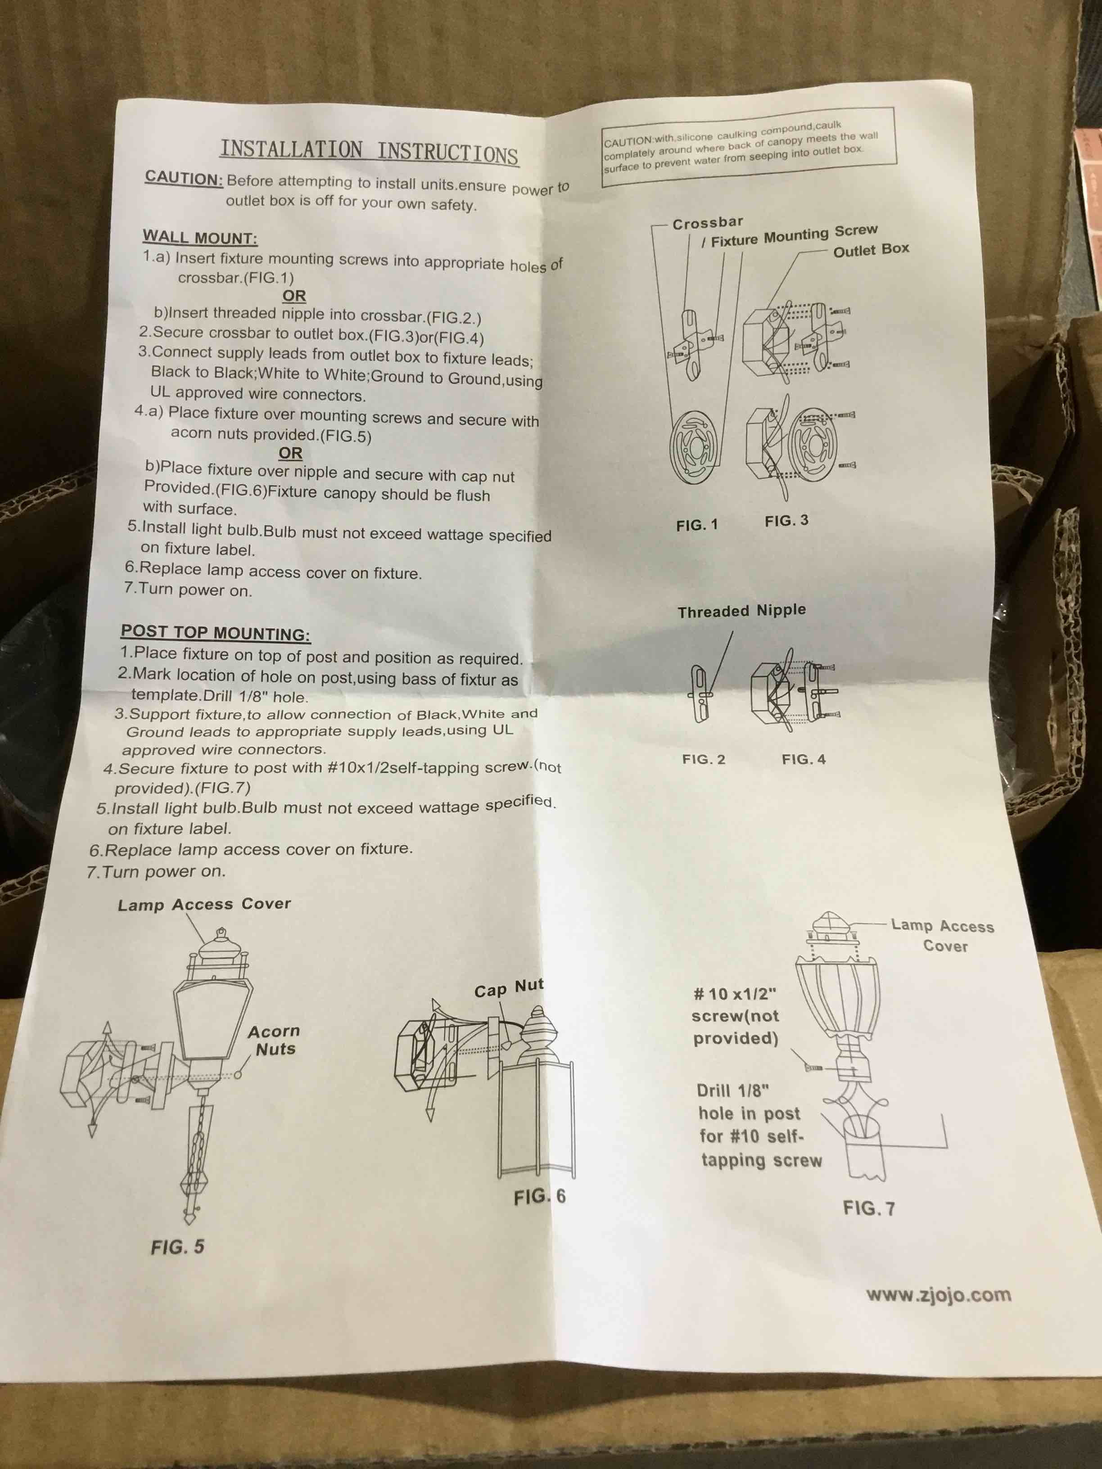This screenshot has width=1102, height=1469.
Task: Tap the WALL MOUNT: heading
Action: tap(200, 238)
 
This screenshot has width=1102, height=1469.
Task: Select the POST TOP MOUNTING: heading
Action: tap(215, 632)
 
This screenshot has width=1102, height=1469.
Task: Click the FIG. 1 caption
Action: tap(697, 525)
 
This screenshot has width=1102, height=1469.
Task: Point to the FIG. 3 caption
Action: tap(786, 521)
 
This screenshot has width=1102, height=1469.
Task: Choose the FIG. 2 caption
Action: tap(704, 759)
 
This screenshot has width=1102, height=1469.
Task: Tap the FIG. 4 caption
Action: tap(804, 759)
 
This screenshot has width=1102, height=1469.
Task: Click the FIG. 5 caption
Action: tap(177, 1247)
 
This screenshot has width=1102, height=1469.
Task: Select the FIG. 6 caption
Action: tap(539, 1196)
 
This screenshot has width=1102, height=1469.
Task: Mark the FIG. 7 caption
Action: tap(869, 1208)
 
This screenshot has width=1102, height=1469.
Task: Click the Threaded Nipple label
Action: tap(742, 611)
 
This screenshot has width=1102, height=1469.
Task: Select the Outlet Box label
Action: tap(871, 250)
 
